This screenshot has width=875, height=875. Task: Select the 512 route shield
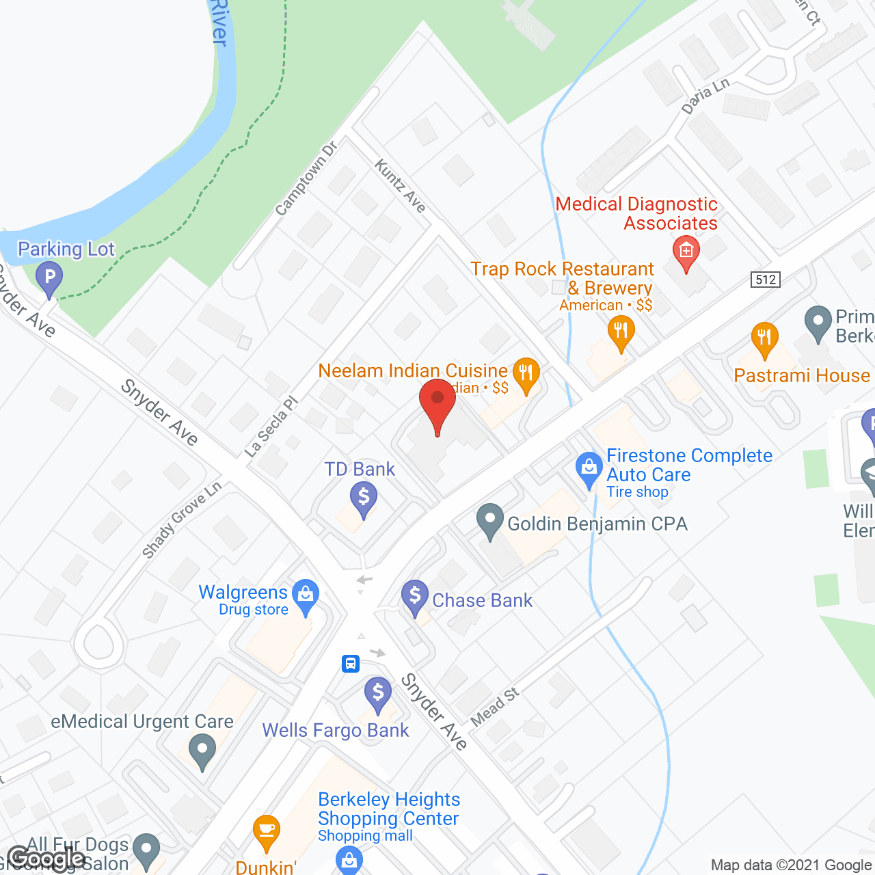click(765, 279)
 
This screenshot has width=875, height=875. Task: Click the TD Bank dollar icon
click(364, 498)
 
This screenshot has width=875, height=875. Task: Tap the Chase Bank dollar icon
click(415, 596)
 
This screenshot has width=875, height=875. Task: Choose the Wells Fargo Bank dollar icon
click(378, 693)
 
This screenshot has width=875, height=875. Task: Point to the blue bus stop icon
click(351, 663)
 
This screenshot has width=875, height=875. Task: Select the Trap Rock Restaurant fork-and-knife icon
click(621, 332)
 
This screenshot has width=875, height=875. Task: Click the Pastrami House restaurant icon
click(764, 338)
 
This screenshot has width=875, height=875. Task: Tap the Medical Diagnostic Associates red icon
click(686, 252)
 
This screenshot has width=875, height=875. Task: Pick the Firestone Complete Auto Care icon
click(589, 468)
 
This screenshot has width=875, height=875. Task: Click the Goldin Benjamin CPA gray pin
click(489, 521)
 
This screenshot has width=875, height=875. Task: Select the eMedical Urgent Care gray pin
click(202, 751)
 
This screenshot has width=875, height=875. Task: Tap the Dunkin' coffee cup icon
click(266, 831)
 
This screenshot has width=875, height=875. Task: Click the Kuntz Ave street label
click(401, 185)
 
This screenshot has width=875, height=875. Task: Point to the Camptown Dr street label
click(306, 178)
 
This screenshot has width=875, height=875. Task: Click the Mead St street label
click(495, 707)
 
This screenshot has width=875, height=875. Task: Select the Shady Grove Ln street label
click(182, 520)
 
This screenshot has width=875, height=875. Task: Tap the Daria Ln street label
click(705, 96)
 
